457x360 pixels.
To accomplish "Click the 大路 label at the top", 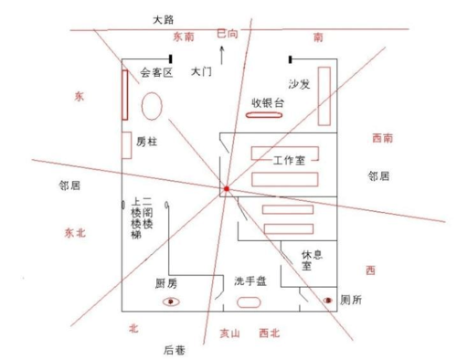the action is point(165,17).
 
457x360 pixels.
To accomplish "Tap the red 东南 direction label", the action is point(183,37).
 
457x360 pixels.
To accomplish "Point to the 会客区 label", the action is point(157,72).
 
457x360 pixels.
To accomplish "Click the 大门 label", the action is point(202,71).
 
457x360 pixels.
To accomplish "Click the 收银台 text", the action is point(268,103).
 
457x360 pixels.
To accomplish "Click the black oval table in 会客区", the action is point(153,105).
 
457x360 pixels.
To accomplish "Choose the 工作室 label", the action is point(295,161).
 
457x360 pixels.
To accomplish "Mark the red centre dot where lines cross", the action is point(225,190).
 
